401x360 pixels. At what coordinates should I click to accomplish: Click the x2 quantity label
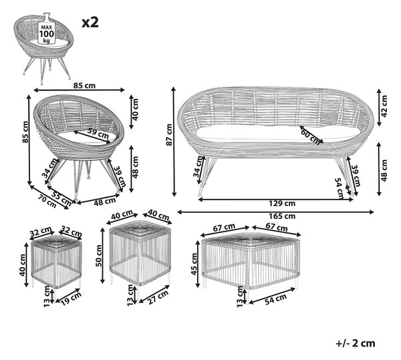point(90,22)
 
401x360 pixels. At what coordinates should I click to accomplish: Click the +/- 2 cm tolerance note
point(356,343)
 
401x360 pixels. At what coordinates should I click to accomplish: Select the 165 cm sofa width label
point(282,216)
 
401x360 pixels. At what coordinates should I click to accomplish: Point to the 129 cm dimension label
point(282,203)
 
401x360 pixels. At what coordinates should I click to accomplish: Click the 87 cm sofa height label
point(169,135)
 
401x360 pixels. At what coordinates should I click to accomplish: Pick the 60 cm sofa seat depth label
point(311,137)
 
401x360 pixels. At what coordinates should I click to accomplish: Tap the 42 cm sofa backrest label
point(384,106)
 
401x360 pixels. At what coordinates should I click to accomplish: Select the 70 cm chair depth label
point(47,201)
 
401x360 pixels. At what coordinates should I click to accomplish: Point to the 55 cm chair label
point(61,198)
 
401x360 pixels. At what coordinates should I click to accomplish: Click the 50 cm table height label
point(99,256)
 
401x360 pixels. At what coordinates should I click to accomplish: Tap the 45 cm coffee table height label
point(194,264)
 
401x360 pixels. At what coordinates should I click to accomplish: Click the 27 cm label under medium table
point(158,296)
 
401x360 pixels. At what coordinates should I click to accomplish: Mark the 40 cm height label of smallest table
point(22,265)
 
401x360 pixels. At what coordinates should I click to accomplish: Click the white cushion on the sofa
point(278,133)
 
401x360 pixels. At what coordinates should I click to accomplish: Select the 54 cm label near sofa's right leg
point(340,189)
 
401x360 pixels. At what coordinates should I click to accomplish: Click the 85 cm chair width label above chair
point(84,86)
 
